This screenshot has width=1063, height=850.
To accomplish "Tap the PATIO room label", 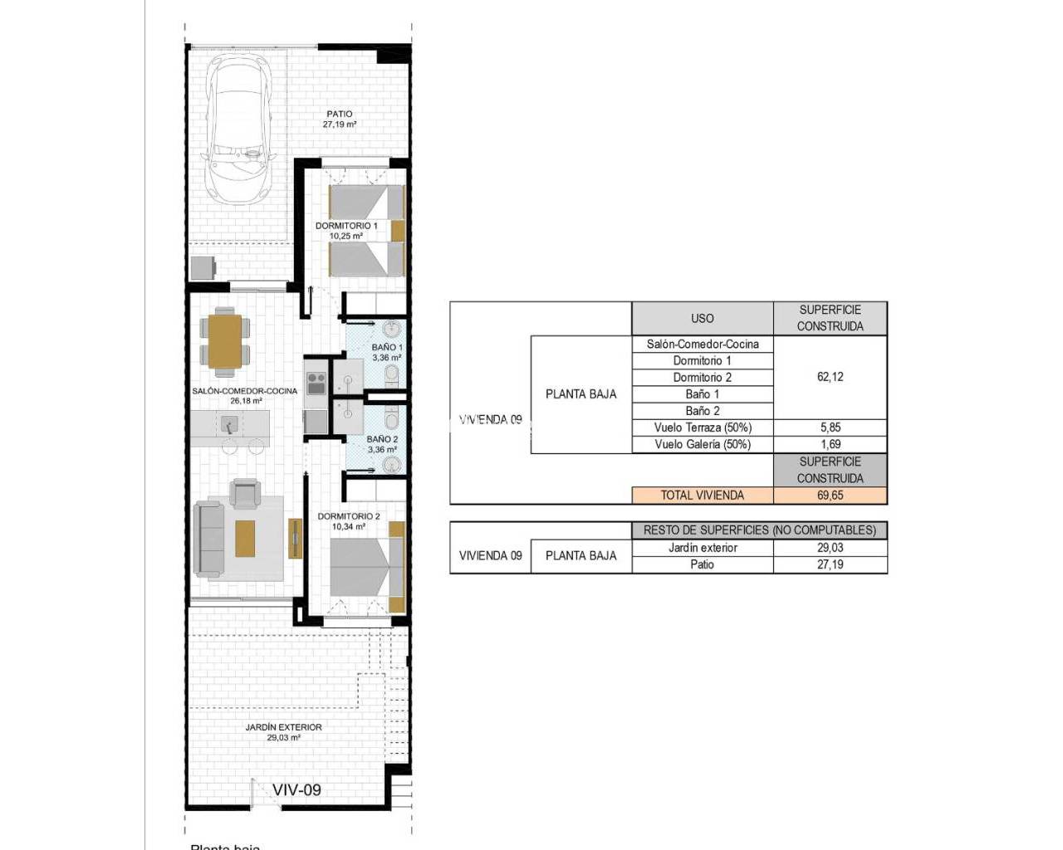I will tap(339, 119).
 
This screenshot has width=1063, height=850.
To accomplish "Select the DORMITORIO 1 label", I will tap(346, 230).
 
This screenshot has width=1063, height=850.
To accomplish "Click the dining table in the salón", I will tap(225, 340).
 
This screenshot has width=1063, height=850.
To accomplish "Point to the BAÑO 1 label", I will tap(387, 352).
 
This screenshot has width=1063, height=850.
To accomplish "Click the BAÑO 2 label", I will tap(382, 444).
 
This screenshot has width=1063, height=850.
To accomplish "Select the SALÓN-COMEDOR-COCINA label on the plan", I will tap(244, 395).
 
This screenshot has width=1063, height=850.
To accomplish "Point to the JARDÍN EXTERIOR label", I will tap(283, 731).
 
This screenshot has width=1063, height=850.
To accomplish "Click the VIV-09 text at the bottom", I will tap(296, 789).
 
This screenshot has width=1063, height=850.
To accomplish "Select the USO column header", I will tap(702, 318).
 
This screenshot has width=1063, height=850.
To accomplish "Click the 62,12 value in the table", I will tap(830, 377).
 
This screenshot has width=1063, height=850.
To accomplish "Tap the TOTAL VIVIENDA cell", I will tap(702, 496).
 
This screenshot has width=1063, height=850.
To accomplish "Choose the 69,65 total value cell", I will tap(830, 496).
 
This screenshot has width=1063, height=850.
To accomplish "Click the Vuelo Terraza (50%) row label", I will tap(702, 427).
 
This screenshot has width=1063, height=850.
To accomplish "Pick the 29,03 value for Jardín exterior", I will tap(830, 548).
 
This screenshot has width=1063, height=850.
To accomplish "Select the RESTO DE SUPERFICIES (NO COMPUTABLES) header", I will tap(759, 530).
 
